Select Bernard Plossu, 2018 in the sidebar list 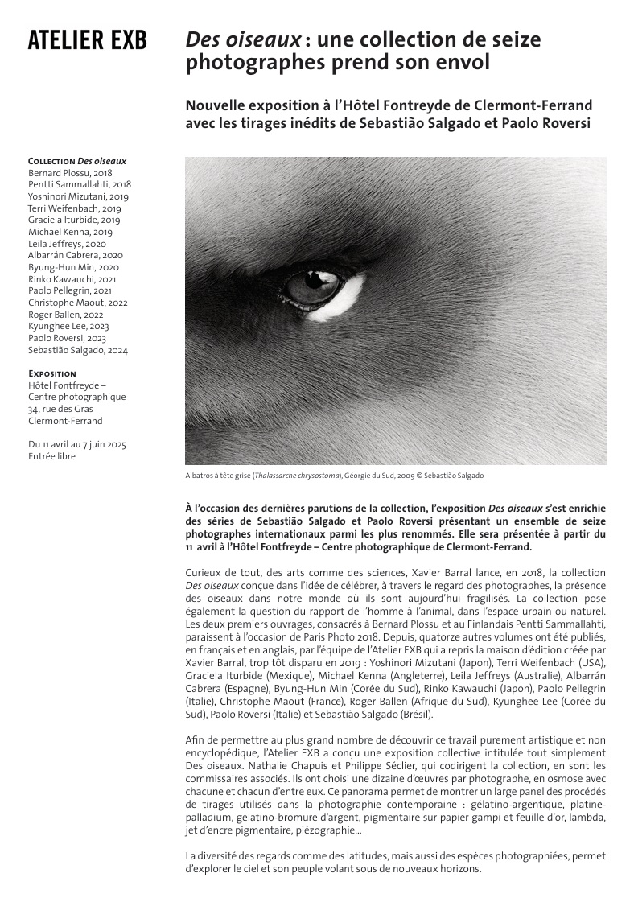[x=70, y=172]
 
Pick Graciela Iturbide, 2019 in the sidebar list [x=74, y=220]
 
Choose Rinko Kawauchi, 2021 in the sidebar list [x=70, y=279]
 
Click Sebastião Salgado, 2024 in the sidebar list [x=78, y=350]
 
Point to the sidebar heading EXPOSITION [x=52, y=373]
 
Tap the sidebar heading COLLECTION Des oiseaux [x=77, y=161]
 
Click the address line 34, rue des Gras [x=60, y=409]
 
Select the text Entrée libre [x=51, y=456]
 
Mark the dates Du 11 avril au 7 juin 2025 [x=77, y=444]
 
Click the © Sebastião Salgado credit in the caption [x=446, y=476]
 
